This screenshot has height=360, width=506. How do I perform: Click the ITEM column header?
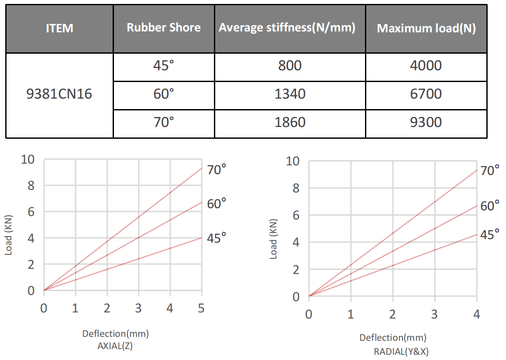coord(60,29)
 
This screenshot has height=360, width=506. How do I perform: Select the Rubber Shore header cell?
coord(164,28)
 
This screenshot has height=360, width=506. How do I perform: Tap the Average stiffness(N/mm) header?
coord(287,28)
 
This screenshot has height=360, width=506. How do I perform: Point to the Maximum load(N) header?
coord(426,28)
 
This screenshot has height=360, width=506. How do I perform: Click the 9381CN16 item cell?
coord(59,94)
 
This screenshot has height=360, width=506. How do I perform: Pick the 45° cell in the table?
coord(164,66)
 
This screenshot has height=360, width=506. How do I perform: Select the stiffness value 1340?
coord(290,94)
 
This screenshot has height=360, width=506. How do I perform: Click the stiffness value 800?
coord(290,66)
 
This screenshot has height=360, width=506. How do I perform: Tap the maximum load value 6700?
coord(426,94)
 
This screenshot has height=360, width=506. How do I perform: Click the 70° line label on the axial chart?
coord(217,170)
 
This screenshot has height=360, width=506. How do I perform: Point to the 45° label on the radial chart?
coord(490,235)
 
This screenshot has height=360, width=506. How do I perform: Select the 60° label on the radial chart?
coord(490,206)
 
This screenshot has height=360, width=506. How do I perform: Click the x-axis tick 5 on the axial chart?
coord(201,309)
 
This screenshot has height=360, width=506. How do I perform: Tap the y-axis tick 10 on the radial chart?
coord(293,161)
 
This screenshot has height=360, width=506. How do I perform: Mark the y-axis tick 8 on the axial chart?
coord(31,185)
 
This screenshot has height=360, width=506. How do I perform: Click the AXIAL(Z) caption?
coord(115,346)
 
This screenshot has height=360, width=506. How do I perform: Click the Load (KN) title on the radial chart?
coord(274,237)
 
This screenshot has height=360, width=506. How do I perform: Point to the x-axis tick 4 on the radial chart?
coord(476,314)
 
